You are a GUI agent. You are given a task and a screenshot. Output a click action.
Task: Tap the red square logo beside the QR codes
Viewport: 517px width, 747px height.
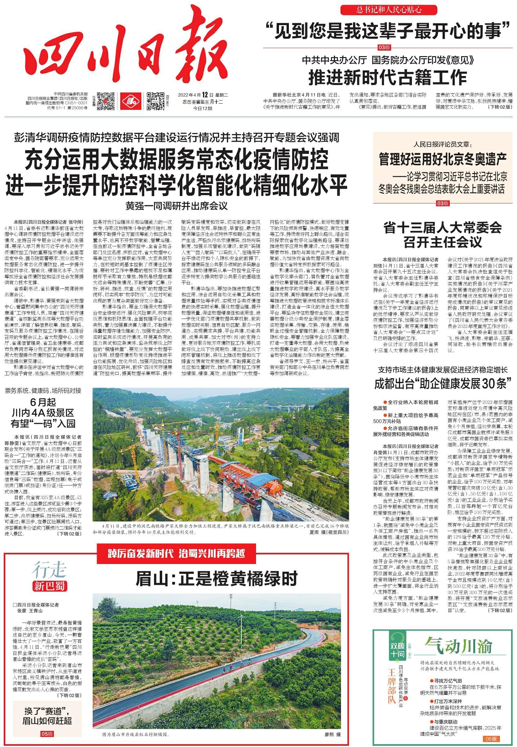[131, 101]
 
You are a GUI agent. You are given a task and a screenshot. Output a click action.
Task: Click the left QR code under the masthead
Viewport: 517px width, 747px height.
[106, 101]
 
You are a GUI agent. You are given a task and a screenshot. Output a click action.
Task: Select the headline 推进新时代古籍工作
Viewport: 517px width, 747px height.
[387, 77]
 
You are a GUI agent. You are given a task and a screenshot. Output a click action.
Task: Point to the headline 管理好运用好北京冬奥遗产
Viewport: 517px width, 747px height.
[443, 159]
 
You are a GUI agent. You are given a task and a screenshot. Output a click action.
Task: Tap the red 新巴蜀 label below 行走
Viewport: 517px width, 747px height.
[49, 586]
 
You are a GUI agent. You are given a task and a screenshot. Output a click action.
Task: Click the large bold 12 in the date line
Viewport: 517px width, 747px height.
[204, 95]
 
